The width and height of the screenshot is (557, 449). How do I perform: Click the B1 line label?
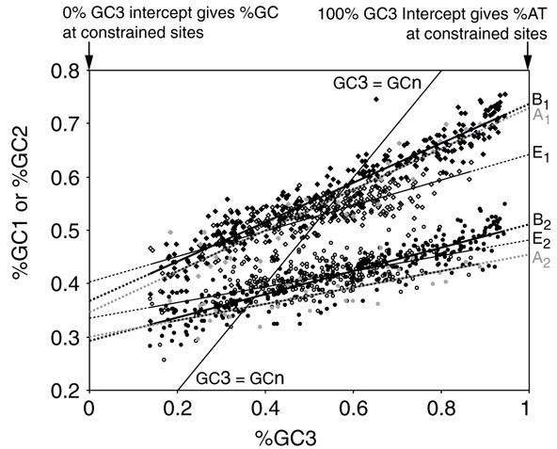pos(540,99)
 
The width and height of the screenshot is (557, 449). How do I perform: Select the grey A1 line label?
pos(540,116)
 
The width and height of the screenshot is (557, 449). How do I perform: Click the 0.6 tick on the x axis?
pos(352,407)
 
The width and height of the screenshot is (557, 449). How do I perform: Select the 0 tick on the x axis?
pos(88,407)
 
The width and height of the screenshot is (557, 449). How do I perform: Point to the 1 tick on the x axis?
pos(527,407)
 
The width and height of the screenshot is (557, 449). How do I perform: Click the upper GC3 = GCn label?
pos(370,83)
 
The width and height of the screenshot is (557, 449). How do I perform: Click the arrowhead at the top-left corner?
pos(88,63)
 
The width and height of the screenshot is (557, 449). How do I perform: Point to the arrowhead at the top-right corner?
pos(527,63)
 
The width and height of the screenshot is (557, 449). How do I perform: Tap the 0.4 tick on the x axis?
pos(264,407)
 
